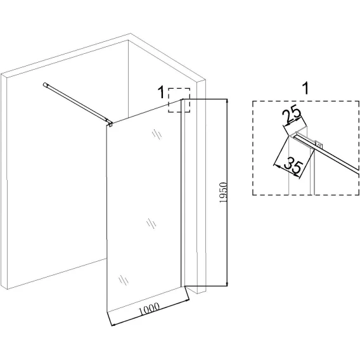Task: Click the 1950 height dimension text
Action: click(223, 193)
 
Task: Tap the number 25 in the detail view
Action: click(292, 115)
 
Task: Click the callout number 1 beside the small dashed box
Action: click(162, 92)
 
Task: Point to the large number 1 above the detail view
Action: click(305, 88)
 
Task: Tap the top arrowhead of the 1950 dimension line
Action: click(227, 101)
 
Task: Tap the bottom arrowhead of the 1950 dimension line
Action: click(227, 284)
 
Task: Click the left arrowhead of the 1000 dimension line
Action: click(113, 325)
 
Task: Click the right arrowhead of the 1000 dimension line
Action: click(187, 300)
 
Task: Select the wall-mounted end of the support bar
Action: click(45, 84)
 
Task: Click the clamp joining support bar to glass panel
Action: click(110, 124)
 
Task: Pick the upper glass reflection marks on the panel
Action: click(157, 134)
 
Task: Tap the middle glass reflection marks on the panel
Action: click(151, 223)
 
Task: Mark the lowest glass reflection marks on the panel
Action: click(124, 280)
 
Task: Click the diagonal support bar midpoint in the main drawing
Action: click(77, 103)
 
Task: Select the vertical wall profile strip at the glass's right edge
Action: click(183, 193)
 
